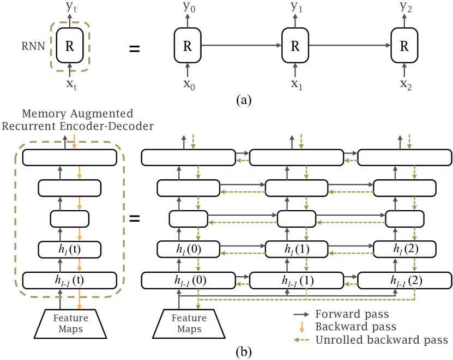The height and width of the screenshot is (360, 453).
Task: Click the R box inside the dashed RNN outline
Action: (x=69, y=46)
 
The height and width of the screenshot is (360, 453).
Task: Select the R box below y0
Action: (x=188, y=46)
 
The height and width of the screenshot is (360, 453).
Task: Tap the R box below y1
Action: (x=295, y=46)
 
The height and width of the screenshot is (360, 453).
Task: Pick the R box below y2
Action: (x=404, y=46)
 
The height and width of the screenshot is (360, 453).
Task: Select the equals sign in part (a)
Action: (x=134, y=49)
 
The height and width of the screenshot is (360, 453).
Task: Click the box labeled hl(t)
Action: (x=69, y=249)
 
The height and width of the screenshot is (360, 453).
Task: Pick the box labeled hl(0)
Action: (x=188, y=249)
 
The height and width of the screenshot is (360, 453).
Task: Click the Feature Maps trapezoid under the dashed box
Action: (x=69, y=324)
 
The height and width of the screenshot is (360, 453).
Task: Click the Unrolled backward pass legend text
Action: (x=381, y=340)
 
